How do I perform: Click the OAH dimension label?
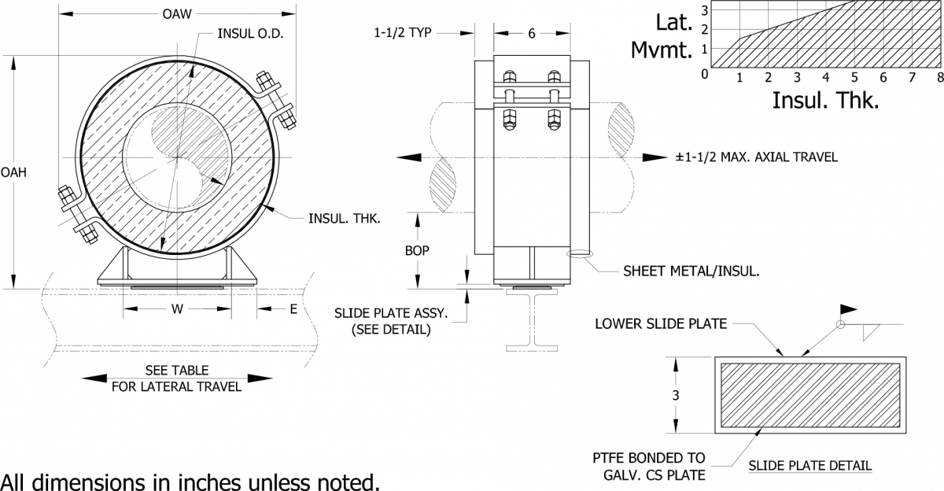click(13, 172)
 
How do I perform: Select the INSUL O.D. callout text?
click(250, 35)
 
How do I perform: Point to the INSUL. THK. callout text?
click(344, 219)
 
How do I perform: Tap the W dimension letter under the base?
click(178, 309)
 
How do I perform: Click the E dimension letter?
click(293, 309)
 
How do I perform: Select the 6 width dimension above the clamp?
click(531, 33)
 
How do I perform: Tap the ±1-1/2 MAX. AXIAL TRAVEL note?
click(756, 157)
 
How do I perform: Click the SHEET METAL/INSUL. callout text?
click(691, 271)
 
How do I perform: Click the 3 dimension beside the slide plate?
click(675, 395)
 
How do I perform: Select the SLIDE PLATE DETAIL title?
click(809, 465)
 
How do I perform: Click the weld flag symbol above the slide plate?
click(850, 308)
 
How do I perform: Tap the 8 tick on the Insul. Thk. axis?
click(940, 77)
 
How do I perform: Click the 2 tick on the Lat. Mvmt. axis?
click(705, 30)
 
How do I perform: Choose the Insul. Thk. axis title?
click(825, 100)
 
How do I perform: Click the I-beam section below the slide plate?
click(532, 323)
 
